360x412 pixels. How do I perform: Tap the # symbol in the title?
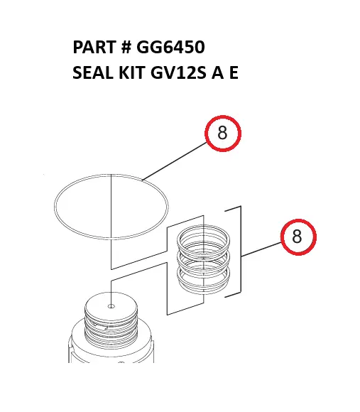[x=126, y=48]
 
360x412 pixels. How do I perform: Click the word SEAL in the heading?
[x=92, y=73]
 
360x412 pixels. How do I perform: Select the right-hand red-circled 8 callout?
[x=297, y=237]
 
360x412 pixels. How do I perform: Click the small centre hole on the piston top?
[x=111, y=307]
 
